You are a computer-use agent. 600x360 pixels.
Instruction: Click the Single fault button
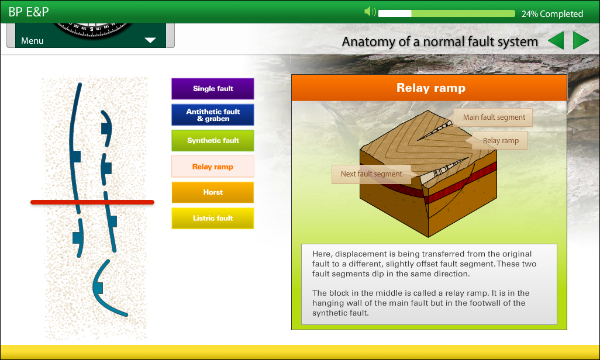point(213,89)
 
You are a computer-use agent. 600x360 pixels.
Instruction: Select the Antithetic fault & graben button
point(213,115)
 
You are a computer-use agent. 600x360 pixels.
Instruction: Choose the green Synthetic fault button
point(213,140)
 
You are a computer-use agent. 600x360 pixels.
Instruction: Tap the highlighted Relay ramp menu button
point(213,167)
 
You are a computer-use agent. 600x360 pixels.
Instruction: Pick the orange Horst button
point(213,192)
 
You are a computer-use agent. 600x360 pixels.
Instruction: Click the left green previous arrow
point(557,40)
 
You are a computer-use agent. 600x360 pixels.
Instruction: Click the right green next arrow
point(580,40)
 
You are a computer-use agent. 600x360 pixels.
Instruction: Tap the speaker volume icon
point(370,12)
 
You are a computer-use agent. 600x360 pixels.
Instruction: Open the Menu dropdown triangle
point(150,40)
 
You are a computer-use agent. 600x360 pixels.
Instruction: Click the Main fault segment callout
point(494,117)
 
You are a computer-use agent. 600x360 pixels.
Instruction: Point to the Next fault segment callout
point(371,174)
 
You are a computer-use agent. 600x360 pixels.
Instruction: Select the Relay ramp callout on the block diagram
point(500,141)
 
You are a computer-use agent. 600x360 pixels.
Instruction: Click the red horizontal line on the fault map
point(92,202)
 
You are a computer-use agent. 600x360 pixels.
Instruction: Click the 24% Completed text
point(552,14)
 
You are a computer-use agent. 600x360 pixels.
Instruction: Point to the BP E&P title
point(29,12)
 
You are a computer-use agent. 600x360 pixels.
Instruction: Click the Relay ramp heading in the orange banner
point(431,88)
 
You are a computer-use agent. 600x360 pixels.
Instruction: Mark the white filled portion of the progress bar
point(395,13)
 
